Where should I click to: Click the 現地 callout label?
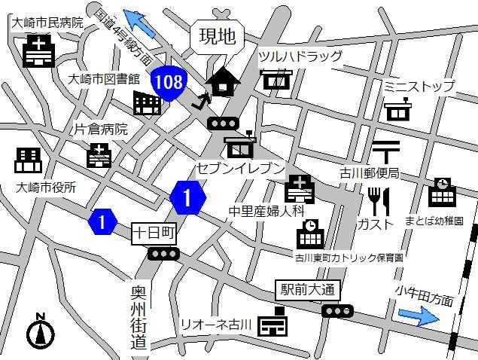(216, 37)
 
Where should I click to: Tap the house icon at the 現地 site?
(222, 81)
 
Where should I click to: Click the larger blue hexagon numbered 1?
(188, 198)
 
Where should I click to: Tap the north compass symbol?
(41, 331)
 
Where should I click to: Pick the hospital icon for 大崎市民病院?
(37, 52)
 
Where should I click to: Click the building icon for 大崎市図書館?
(148, 102)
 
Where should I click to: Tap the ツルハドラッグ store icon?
(277, 79)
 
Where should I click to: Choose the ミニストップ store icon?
(398, 111)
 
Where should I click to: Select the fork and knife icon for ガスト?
(378, 201)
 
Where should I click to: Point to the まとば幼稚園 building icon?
(441, 193)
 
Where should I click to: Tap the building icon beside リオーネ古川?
(272, 324)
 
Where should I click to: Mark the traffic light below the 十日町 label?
(163, 255)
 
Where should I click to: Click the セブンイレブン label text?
(239, 168)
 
